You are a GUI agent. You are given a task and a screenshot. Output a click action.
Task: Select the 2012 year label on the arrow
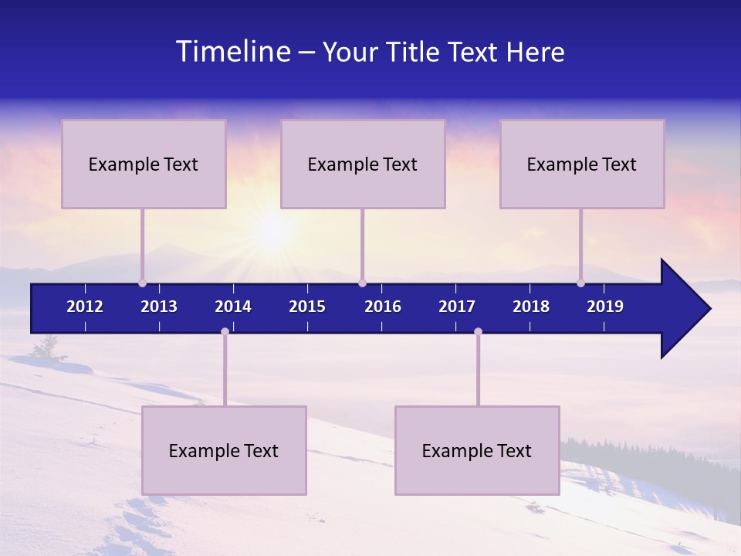tap(85, 307)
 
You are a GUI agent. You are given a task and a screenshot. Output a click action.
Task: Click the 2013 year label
tap(159, 307)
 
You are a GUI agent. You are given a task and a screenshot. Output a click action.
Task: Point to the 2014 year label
tap(233, 307)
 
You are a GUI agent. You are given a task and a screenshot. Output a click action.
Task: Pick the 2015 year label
tap(307, 307)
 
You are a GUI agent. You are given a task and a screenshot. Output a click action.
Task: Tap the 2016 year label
tap(383, 307)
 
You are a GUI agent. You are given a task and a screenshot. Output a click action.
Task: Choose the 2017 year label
tap(457, 307)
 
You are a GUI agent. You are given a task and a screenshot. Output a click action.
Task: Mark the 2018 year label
tap(531, 307)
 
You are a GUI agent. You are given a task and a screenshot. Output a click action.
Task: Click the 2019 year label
tap(605, 307)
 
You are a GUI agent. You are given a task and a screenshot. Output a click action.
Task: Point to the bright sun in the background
tap(272, 229)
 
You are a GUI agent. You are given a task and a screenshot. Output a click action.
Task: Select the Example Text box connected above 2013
tap(144, 164)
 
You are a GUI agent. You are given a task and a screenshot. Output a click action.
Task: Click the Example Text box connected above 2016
tap(363, 164)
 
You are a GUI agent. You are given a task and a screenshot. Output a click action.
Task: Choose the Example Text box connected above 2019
tap(582, 164)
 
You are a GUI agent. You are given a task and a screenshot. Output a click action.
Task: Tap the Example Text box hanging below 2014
tap(224, 450)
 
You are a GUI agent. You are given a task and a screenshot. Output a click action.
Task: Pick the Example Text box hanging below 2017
tap(477, 450)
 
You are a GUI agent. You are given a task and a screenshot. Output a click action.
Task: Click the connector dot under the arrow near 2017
tap(478, 332)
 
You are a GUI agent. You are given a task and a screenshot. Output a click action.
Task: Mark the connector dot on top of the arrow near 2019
tap(581, 283)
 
